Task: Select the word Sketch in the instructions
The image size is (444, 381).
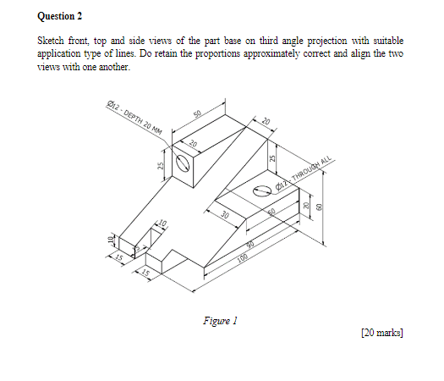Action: (53, 41)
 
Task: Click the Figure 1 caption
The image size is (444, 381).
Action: (221, 321)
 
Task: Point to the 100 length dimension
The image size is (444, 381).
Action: (245, 255)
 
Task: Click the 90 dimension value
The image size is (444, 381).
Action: (251, 244)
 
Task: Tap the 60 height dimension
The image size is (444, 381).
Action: (321, 207)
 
